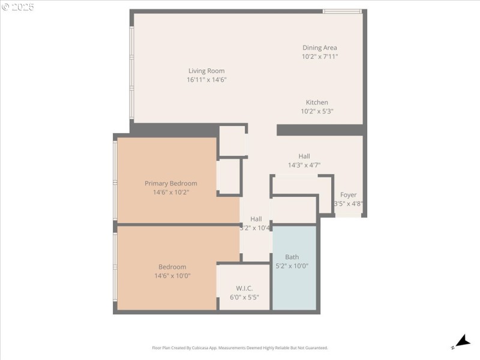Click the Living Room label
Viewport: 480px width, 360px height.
(206, 71)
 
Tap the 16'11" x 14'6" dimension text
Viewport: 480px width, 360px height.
(206, 80)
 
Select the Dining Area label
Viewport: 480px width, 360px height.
(319, 48)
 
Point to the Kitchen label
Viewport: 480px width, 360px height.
(317, 103)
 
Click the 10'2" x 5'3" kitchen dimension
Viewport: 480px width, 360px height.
(317, 112)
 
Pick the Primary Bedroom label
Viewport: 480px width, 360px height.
(170, 184)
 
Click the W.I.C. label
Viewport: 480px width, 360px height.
(244, 287)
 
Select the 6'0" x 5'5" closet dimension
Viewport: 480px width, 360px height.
(244, 296)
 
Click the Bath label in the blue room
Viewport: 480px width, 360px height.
(292, 257)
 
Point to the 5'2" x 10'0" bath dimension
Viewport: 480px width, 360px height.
(292, 266)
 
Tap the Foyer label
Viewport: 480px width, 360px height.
(348, 195)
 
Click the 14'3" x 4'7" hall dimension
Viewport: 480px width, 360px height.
(304, 165)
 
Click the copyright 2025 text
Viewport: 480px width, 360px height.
(18, 7)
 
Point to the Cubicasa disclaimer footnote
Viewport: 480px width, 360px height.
(240, 348)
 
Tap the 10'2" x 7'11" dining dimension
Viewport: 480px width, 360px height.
(319, 57)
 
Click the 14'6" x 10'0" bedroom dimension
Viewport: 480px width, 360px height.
(172, 276)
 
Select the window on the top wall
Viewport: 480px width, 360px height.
(342, 11)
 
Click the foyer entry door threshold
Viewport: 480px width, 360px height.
(349, 215)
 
